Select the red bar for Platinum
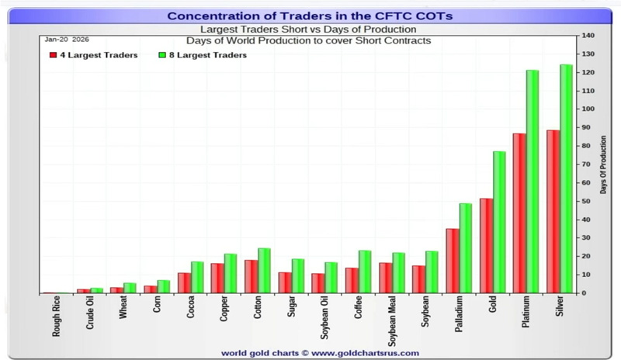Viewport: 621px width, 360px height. coord(519,213)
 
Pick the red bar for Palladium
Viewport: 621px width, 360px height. coord(452,261)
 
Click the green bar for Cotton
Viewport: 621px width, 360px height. coord(264,271)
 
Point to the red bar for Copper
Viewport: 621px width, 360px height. coord(217,279)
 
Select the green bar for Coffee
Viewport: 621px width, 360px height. coord(365,272)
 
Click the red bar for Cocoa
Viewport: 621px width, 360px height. coord(184,282)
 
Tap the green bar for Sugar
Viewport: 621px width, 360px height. coord(298,276)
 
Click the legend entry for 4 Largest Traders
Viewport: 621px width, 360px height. coord(93,55)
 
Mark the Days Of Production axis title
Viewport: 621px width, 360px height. coord(604,164)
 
